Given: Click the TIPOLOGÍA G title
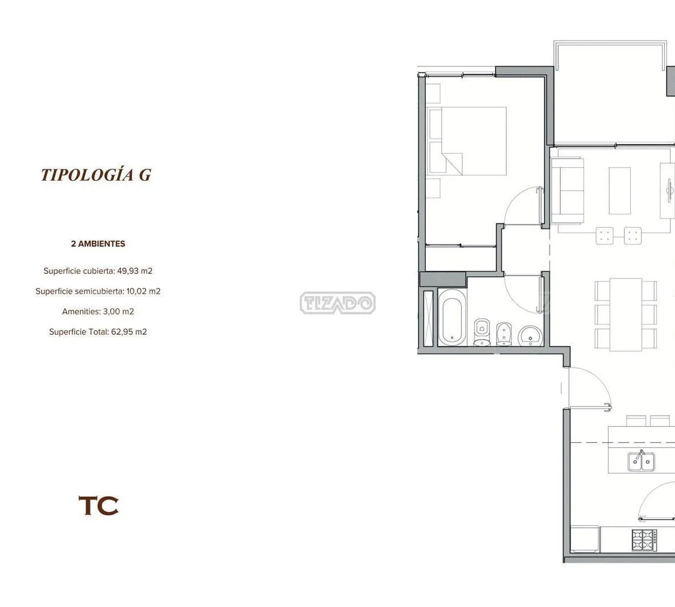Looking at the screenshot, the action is [x=96, y=175].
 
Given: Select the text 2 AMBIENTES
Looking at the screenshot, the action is [x=98, y=244].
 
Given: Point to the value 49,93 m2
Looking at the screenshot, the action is [x=134, y=271].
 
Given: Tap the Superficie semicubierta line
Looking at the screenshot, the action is [x=98, y=291].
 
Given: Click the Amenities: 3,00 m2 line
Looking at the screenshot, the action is [x=98, y=312].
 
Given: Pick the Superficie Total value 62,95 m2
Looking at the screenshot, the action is [x=129, y=331].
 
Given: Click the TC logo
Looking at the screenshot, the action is [x=98, y=505].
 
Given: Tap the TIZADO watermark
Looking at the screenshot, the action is [x=337, y=303].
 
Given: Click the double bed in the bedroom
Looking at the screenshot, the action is [x=466, y=141].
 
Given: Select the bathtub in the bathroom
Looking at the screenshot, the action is [x=452, y=317].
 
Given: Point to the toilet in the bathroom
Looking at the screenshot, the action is [x=482, y=332].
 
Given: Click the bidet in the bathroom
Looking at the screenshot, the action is [x=504, y=334].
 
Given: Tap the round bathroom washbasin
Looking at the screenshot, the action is [x=530, y=336].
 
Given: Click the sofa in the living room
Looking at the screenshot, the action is [x=568, y=191].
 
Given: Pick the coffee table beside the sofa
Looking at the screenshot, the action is [x=619, y=191].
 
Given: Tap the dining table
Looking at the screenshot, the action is [x=626, y=314].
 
